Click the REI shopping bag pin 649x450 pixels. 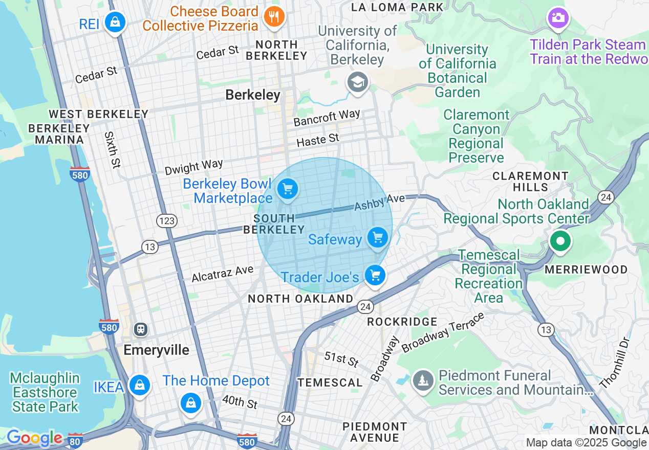116,22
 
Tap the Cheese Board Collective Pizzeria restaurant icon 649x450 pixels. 274,17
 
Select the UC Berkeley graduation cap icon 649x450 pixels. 357,82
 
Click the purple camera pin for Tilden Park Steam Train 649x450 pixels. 558,18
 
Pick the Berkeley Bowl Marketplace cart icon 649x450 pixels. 288,190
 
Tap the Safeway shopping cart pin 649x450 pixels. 378,238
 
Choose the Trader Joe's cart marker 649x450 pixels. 375,276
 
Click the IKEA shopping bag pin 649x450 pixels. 139,386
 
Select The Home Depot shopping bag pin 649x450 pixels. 191,403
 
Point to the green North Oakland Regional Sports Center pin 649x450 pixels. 560,241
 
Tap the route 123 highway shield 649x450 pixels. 167,221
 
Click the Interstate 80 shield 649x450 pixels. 75,439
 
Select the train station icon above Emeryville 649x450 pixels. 140,329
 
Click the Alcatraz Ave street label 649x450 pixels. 222,274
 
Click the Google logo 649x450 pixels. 34,438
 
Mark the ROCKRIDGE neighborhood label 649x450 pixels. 402,322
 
